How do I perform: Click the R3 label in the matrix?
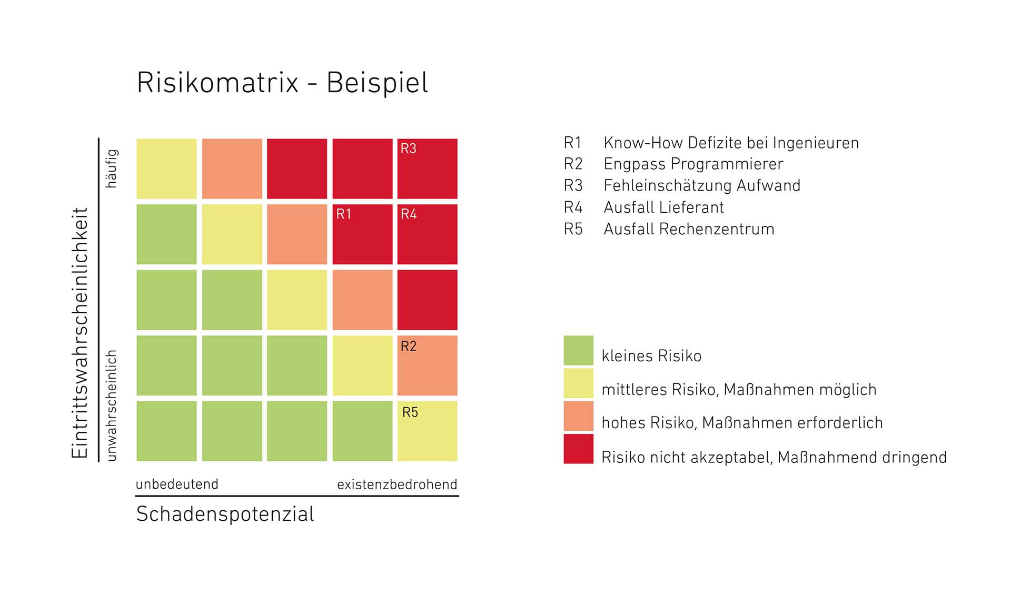click(x=408, y=148)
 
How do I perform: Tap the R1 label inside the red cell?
click(x=343, y=214)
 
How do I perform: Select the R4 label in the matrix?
click(x=409, y=214)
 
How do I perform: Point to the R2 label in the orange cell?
click(x=409, y=346)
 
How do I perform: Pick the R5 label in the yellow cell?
click(x=410, y=412)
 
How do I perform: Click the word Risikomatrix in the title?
click(x=217, y=83)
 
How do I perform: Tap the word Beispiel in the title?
click(x=377, y=83)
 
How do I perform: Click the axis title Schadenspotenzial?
click(x=225, y=514)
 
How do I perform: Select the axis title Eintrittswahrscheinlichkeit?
click(x=80, y=333)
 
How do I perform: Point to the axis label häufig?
click(x=112, y=169)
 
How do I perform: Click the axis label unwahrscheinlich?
click(x=112, y=405)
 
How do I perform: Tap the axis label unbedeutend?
click(x=177, y=484)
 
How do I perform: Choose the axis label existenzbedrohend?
click(x=397, y=484)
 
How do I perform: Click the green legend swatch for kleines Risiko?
click(x=578, y=350)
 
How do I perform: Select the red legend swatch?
click(x=578, y=449)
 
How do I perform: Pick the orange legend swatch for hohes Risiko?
click(x=578, y=416)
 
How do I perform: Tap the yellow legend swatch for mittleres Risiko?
click(x=578, y=383)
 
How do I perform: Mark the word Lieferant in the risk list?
click(x=694, y=207)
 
